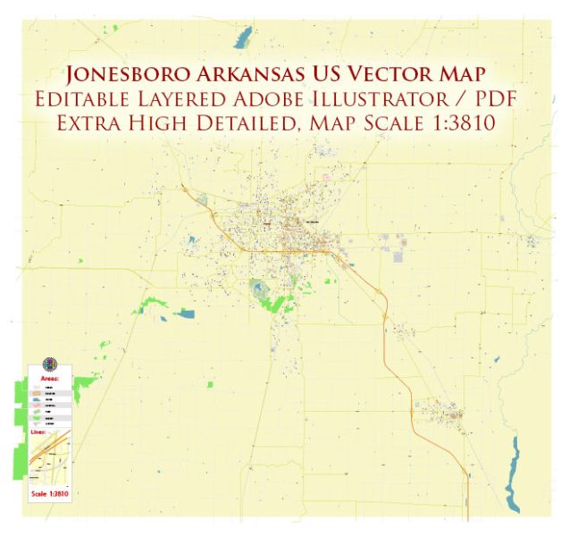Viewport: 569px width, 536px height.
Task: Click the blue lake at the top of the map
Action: [242, 38]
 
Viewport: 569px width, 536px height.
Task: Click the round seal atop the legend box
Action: [49, 365]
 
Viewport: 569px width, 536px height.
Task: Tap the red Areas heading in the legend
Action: [49, 379]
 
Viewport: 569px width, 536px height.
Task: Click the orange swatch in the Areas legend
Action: [38, 392]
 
